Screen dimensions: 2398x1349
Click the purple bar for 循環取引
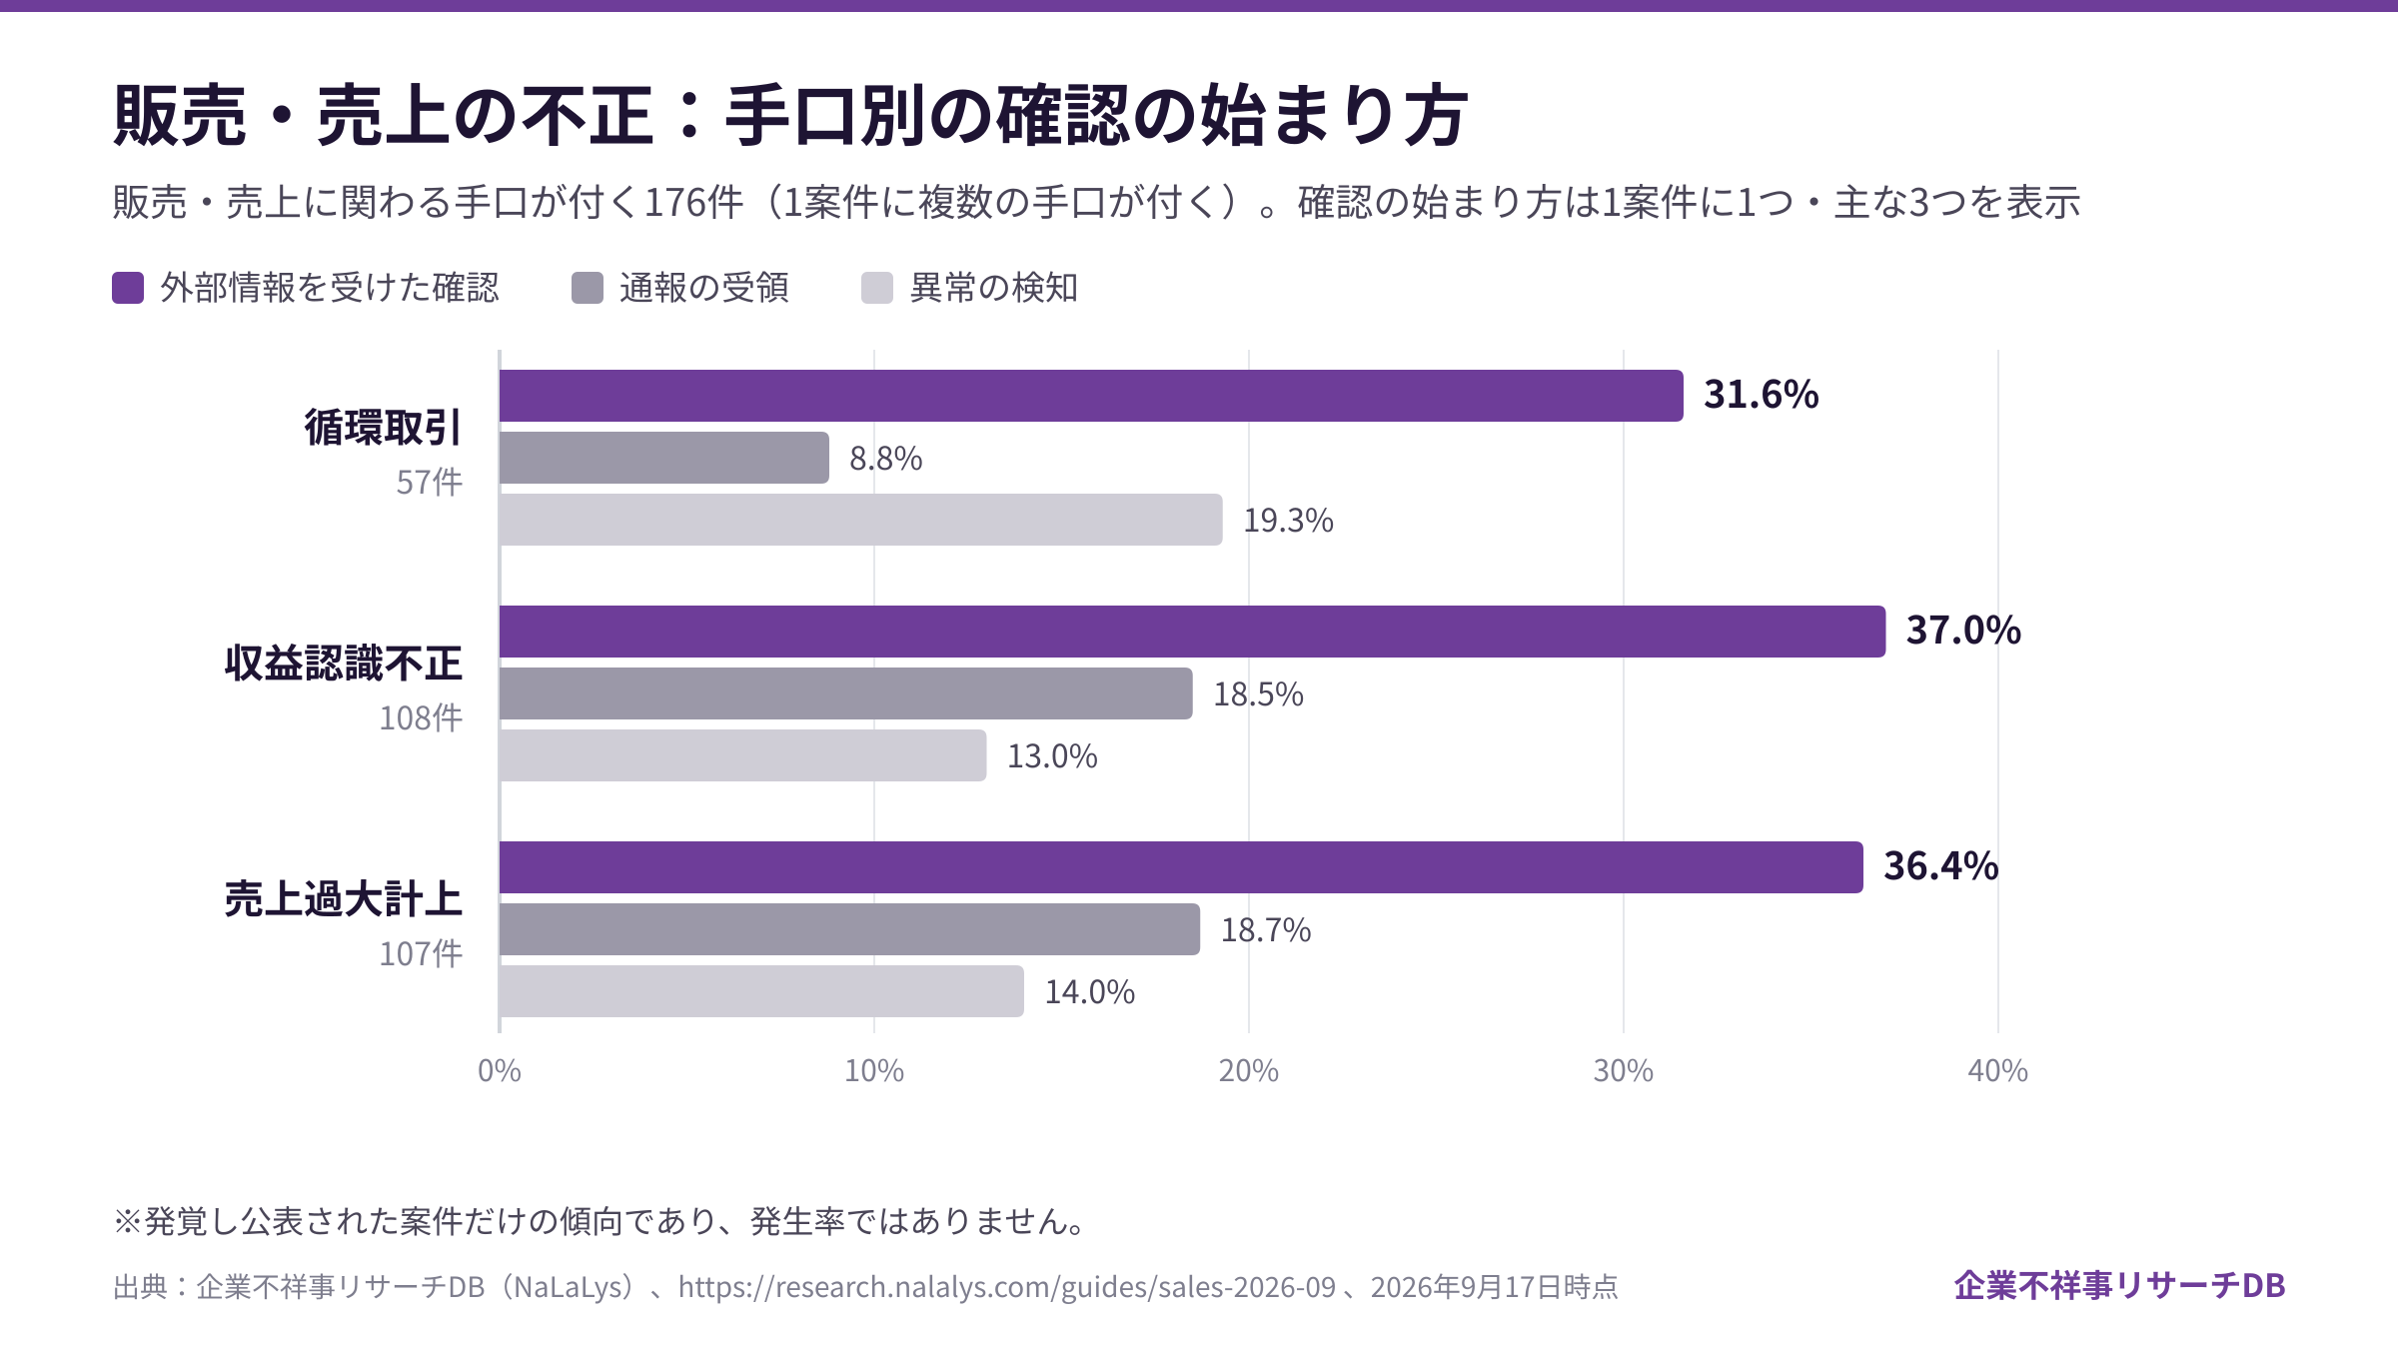tap(1091, 396)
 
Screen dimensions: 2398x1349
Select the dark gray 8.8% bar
tap(664, 458)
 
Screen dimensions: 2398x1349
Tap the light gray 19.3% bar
tap(861, 520)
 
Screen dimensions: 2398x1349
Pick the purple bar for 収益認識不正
tap(1192, 632)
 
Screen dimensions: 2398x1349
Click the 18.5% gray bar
tap(846, 693)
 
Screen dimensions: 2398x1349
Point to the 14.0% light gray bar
tap(761, 991)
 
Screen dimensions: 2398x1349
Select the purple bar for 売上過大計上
tap(1181, 867)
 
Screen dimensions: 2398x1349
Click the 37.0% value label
tap(1963, 631)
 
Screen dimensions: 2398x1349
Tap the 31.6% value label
tap(1761, 395)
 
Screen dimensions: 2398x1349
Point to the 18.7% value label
tap(1266, 930)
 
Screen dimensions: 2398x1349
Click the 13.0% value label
tap(1052, 756)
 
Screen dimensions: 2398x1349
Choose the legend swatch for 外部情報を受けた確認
tap(128, 288)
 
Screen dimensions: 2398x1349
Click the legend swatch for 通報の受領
tap(588, 288)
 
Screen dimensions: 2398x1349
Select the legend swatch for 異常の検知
tap(877, 288)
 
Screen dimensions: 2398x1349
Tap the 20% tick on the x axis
tap(1249, 1071)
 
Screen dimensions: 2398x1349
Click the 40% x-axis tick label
tap(1998, 1071)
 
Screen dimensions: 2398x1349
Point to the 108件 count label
tap(421, 718)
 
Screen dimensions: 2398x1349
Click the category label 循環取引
tap(384, 428)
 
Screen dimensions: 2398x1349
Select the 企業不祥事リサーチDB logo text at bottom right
tap(2120, 1286)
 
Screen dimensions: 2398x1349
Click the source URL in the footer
tap(1007, 1287)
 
